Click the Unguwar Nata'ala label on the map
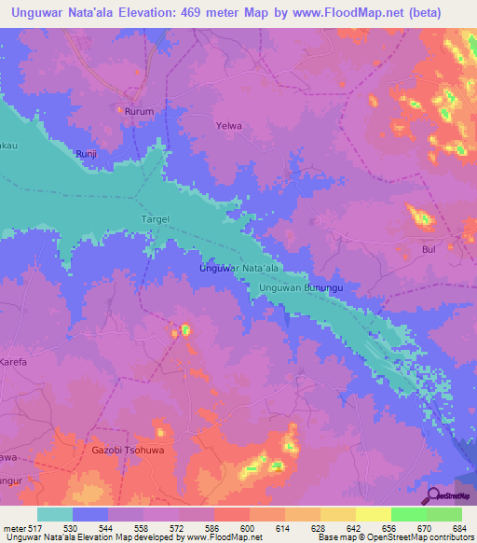[239, 269]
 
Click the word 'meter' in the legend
[12, 528]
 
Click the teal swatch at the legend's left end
[55, 514]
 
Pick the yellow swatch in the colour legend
[374, 514]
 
